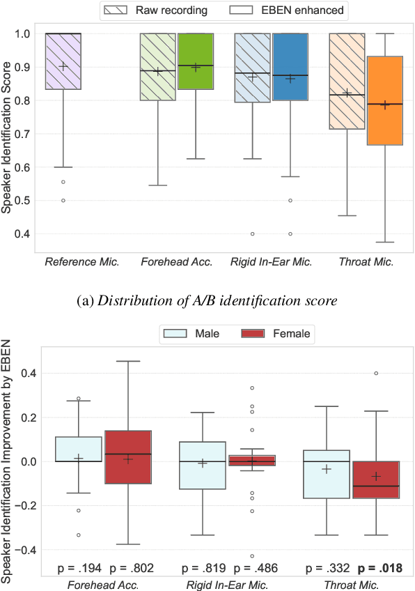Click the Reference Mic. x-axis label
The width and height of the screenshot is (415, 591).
(82, 263)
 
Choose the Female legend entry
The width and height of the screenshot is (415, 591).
(277, 335)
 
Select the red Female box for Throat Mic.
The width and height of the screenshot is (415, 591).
(376, 479)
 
